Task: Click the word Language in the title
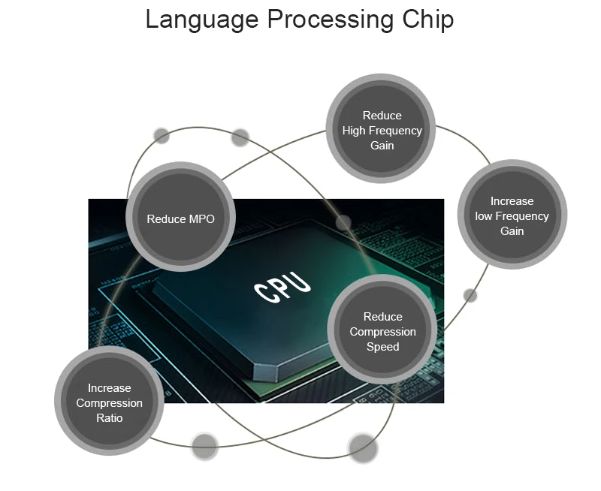click(202, 20)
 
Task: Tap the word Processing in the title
click(331, 20)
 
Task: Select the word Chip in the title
click(428, 20)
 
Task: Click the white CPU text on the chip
click(282, 287)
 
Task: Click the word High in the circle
click(354, 131)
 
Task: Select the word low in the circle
click(484, 216)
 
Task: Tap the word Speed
click(383, 347)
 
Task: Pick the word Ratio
click(109, 418)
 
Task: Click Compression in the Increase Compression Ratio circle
click(109, 403)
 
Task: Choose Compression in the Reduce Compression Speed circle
click(383, 332)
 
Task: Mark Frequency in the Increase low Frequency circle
click(522, 216)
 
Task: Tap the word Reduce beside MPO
click(162, 219)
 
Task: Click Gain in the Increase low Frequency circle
click(512, 231)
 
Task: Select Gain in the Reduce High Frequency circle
click(382, 146)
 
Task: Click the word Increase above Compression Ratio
click(109, 388)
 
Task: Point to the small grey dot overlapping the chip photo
click(343, 223)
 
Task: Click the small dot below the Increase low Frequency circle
click(470, 295)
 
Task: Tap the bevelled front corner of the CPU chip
click(265, 372)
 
